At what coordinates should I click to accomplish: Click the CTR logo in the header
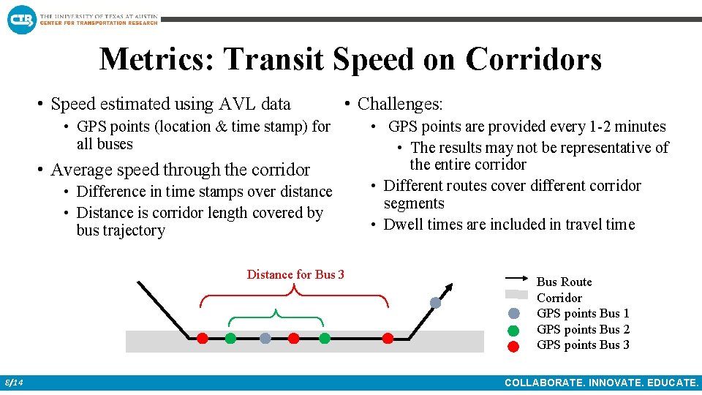pyautogui.click(x=21, y=18)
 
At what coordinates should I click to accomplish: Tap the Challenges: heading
pyautogui.click(x=400, y=105)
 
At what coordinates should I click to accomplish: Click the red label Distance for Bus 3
pyautogui.click(x=295, y=275)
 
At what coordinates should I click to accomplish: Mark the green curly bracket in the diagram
pyautogui.click(x=276, y=315)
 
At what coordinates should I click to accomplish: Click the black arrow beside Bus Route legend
pyautogui.click(x=516, y=279)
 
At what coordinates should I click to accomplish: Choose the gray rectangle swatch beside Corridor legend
pyautogui.click(x=516, y=295)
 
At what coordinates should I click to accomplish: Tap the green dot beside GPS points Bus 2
pyautogui.click(x=514, y=330)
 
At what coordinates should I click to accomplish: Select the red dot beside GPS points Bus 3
pyautogui.click(x=514, y=346)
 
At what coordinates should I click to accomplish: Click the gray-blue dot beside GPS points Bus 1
pyautogui.click(x=514, y=314)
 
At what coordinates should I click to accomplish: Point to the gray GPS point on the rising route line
pyautogui.click(x=435, y=302)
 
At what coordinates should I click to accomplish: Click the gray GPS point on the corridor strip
pyautogui.click(x=265, y=338)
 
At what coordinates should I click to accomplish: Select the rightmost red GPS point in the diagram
pyautogui.click(x=388, y=338)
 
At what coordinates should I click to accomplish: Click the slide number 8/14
pyautogui.click(x=14, y=383)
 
